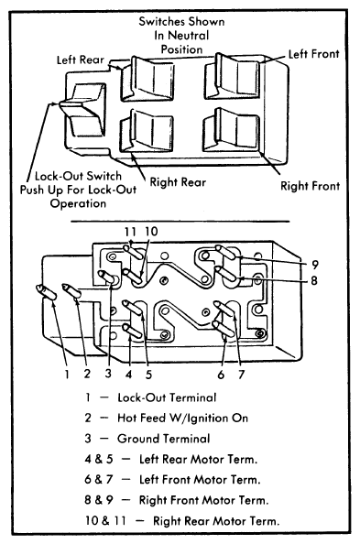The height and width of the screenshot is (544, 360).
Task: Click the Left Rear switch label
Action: click(x=81, y=60)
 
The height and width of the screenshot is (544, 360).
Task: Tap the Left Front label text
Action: click(x=313, y=54)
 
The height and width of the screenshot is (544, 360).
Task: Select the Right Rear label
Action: click(x=178, y=182)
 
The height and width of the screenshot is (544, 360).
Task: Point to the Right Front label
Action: click(x=310, y=186)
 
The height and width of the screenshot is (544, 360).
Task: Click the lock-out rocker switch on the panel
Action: click(x=82, y=110)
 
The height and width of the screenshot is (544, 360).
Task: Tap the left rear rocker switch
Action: click(x=147, y=79)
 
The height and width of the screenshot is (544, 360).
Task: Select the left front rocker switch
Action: click(x=232, y=76)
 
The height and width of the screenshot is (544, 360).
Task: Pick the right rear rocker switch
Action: click(x=147, y=131)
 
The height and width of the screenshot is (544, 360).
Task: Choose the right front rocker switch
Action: click(x=231, y=130)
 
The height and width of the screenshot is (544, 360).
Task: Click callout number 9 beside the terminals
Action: click(x=314, y=265)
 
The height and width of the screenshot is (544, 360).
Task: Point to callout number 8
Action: click(x=314, y=280)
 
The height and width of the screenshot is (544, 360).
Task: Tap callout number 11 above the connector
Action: click(x=130, y=232)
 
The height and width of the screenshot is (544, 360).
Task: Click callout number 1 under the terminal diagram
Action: click(x=67, y=374)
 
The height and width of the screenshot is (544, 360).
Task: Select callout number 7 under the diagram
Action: click(x=241, y=375)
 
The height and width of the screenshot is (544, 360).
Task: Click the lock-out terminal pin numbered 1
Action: click(x=46, y=292)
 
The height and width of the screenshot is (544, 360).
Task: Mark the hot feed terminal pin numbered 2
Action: click(x=71, y=290)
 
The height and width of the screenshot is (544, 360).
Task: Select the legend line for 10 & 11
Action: click(x=182, y=521)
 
